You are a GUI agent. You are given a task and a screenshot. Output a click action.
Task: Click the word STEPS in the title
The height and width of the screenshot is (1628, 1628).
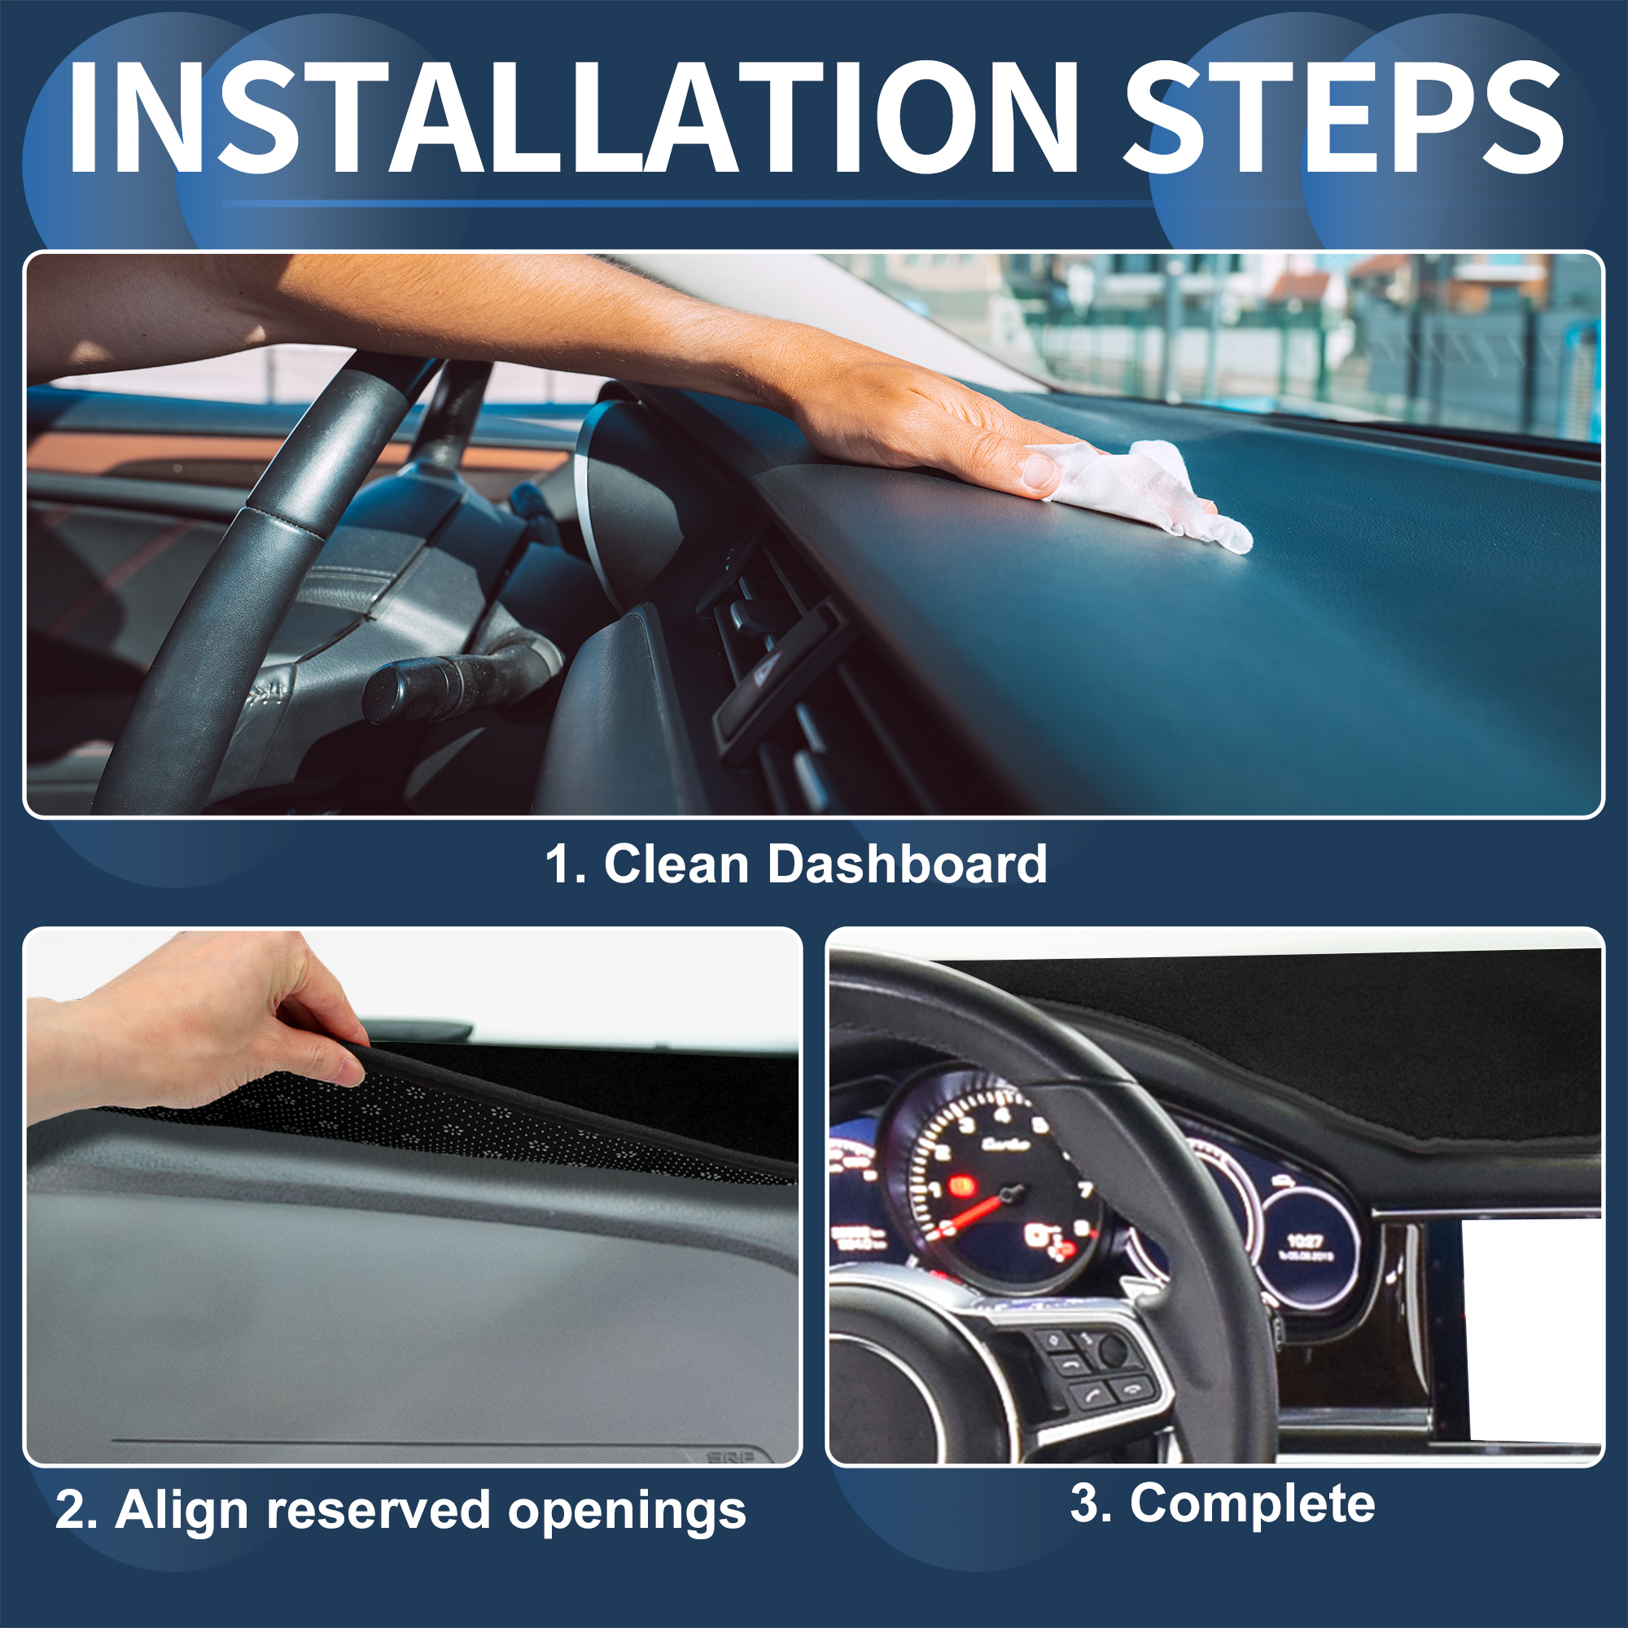click(1344, 117)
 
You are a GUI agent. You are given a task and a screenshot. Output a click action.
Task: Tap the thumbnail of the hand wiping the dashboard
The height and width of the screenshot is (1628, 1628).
click(813, 534)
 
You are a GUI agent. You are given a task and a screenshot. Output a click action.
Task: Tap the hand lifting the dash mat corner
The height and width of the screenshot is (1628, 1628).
click(198, 1024)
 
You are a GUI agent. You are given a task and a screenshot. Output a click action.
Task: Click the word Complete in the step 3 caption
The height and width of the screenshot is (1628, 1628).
click(1252, 1504)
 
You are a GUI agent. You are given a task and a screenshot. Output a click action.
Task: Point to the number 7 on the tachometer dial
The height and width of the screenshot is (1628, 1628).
click(1085, 1190)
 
